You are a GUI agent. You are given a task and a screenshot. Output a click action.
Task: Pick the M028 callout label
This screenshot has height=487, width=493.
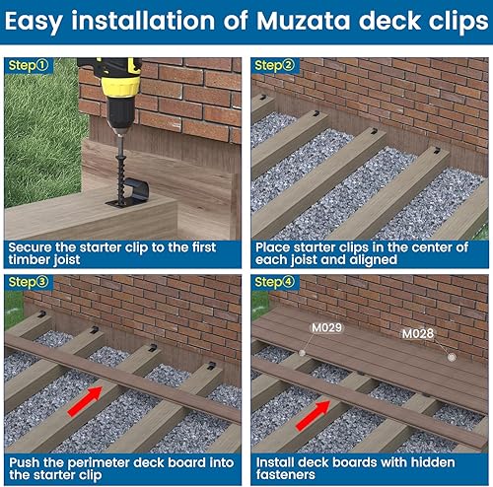click(418, 334)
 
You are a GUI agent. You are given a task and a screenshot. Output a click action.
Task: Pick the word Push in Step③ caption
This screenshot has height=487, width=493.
click(27, 461)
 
